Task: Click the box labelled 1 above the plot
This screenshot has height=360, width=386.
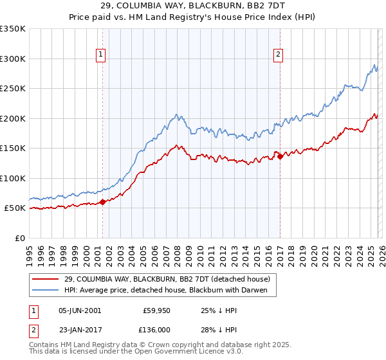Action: tap(102, 55)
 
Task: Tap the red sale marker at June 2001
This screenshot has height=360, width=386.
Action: tap(102, 203)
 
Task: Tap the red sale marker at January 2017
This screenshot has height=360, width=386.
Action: tap(280, 156)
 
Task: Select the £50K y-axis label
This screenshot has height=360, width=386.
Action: tap(15, 208)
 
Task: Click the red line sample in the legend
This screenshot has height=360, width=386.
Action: tap(46, 278)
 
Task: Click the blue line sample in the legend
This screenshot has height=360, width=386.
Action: tap(46, 290)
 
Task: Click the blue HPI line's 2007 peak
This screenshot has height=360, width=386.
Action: tap(176, 115)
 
